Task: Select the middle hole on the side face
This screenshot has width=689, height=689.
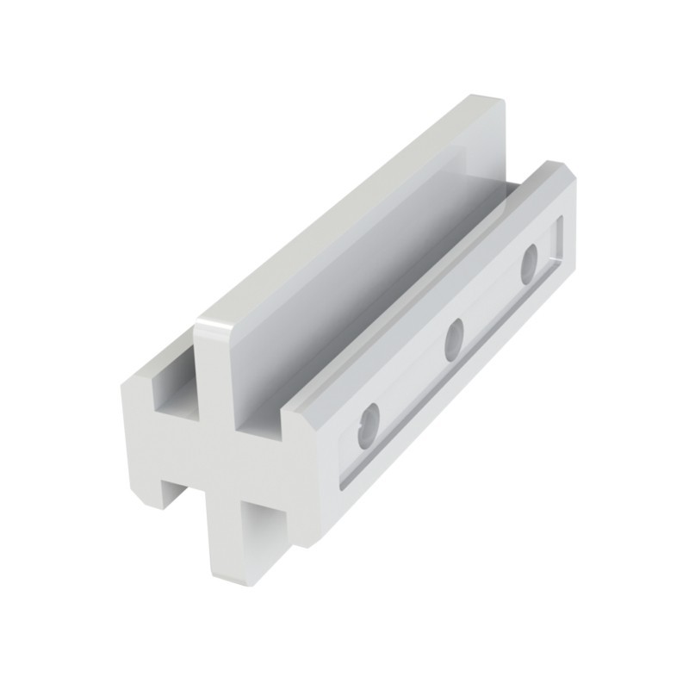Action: (454, 339)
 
